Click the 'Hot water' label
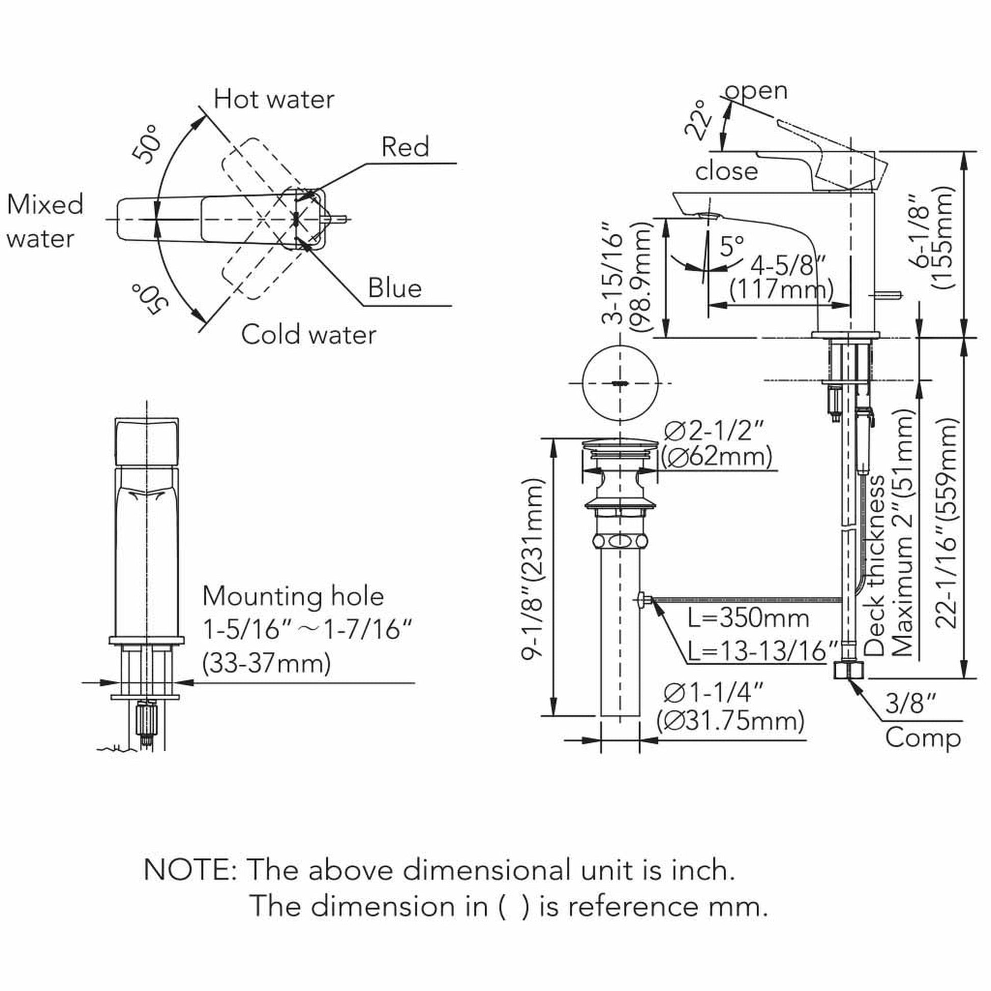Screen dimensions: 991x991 point(273,99)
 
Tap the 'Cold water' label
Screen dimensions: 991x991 point(309,335)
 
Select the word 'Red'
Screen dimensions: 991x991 point(405,147)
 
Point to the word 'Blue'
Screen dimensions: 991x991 point(395,288)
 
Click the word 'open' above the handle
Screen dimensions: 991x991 point(756,91)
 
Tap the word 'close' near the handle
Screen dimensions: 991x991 point(726,171)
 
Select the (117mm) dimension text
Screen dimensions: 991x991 point(782,290)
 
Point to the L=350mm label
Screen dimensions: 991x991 point(749,618)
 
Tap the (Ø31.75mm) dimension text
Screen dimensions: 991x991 point(731,721)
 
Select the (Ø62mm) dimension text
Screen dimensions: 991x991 point(717,456)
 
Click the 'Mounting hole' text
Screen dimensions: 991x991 point(293,596)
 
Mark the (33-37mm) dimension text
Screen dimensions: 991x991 point(267,664)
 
